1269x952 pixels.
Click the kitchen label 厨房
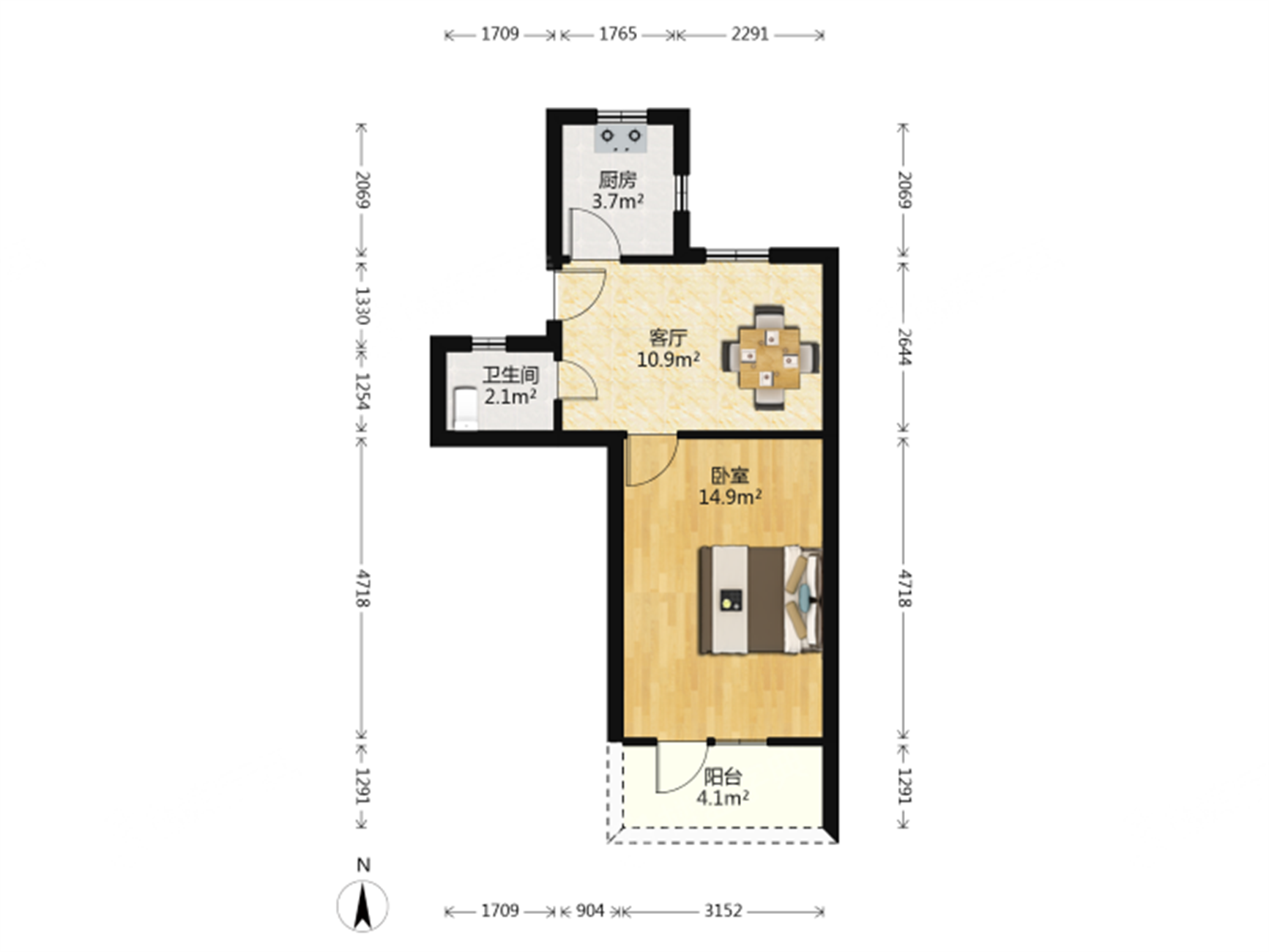[x=617, y=179]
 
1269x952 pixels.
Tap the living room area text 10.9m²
[x=668, y=359]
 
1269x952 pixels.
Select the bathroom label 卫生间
[x=510, y=376]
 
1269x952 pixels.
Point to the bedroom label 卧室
[x=730, y=475]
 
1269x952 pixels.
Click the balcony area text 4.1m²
[x=722, y=797]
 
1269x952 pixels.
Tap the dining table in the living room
[x=770, y=357]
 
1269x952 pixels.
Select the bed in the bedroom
[x=760, y=599]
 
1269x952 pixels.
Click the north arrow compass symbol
[x=362, y=906]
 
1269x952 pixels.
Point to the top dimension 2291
[x=749, y=34]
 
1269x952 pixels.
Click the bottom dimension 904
[x=589, y=911]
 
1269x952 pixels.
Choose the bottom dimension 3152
[x=723, y=911]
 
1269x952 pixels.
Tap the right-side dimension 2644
[x=904, y=346]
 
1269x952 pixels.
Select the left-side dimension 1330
[x=362, y=305]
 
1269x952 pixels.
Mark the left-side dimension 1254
[x=362, y=392]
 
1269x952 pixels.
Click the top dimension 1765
[x=618, y=34]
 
